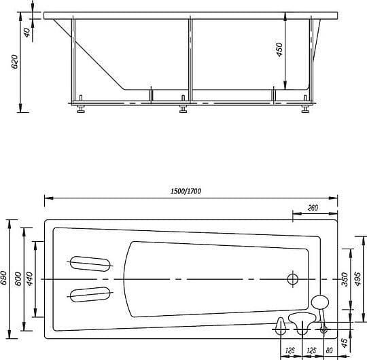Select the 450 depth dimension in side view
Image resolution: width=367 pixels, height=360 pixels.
[x=279, y=50]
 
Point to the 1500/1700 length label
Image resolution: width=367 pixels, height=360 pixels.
[x=186, y=192]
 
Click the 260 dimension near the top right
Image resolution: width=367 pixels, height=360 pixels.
[x=313, y=209]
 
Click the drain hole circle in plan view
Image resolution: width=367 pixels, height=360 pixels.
[x=293, y=278]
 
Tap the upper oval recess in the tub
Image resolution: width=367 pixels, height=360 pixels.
[x=90, y=263]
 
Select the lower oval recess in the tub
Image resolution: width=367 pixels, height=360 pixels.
[x=90, y=294]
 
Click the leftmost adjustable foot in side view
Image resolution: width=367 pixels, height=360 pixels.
[x=82, y=109]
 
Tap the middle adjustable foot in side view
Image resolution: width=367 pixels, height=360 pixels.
[x=183, y=109]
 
